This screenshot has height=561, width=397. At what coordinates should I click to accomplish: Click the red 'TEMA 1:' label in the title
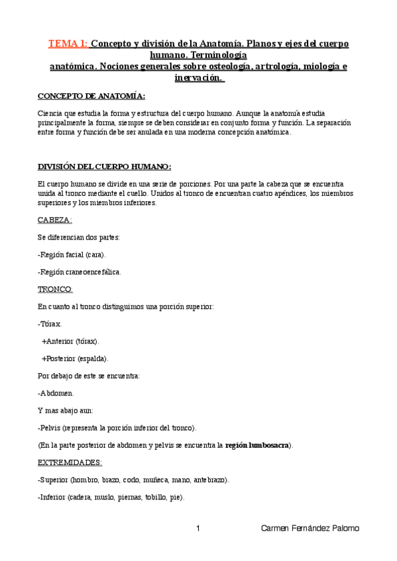68,44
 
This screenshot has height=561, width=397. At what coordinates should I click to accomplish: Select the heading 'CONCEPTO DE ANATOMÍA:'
91,96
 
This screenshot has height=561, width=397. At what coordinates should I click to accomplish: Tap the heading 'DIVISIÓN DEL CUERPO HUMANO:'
103,166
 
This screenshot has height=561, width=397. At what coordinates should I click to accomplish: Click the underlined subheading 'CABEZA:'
55,220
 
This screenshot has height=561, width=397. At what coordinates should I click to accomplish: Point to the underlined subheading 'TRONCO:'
55,289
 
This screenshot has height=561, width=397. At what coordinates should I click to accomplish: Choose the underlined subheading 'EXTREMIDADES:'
70,462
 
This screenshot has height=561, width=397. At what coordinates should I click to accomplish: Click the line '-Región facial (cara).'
72,254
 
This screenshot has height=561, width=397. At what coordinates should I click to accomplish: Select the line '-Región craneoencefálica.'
80,272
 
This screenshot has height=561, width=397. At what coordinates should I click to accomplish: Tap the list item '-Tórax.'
50,324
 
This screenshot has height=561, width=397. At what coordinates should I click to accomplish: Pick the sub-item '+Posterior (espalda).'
75,359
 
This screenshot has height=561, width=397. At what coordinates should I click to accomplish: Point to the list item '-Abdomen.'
56,393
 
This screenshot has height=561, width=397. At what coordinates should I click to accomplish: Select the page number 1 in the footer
198,528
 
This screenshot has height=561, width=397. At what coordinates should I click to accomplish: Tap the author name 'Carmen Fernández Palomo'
310,528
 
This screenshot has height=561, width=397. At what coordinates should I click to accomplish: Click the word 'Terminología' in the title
219,56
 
